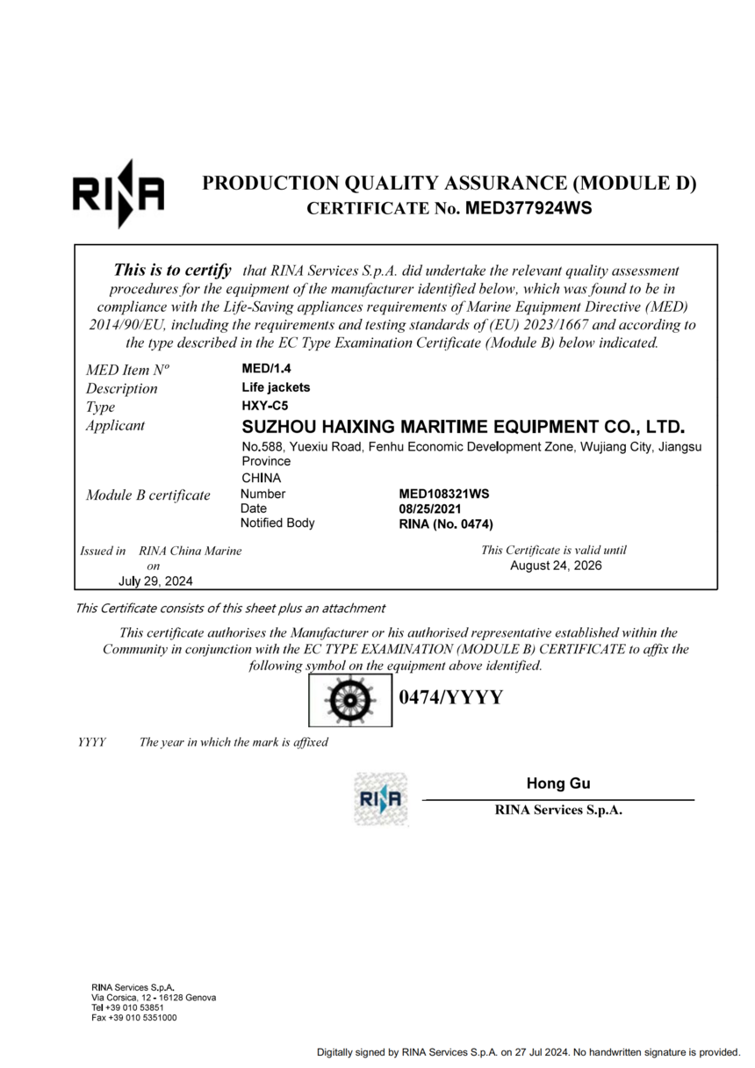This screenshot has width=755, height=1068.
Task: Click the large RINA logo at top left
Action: (x=118, y=193)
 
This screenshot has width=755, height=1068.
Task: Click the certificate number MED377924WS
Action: (x=528, y=209)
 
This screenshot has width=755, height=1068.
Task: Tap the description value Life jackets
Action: (x=276, y=387)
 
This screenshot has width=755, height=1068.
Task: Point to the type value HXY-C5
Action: (x=265, y=406)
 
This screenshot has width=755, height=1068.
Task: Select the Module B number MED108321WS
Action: (x=443, y=494)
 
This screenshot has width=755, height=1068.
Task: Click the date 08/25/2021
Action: (x=430, y=509)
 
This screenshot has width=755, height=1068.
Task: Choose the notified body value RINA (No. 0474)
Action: (x=446, y=524)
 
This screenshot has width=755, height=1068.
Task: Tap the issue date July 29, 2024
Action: (x=156, y=581)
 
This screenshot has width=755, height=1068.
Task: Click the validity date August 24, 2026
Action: (x=556, y=566)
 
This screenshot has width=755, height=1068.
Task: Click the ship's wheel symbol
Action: (x=349, y=701)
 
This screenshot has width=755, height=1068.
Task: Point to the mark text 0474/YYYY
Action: (x=450, y=698)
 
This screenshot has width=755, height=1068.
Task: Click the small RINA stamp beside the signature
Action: (x=381, y=798)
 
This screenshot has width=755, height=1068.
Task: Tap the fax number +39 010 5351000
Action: (x=134, y=1018)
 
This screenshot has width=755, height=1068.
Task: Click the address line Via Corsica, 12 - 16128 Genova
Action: (x=154, y=998)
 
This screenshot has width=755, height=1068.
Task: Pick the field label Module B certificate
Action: (x=148, y=495)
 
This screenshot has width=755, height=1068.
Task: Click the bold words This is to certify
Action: (x=173, y=271)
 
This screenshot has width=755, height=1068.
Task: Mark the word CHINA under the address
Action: (x=261, y=478)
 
